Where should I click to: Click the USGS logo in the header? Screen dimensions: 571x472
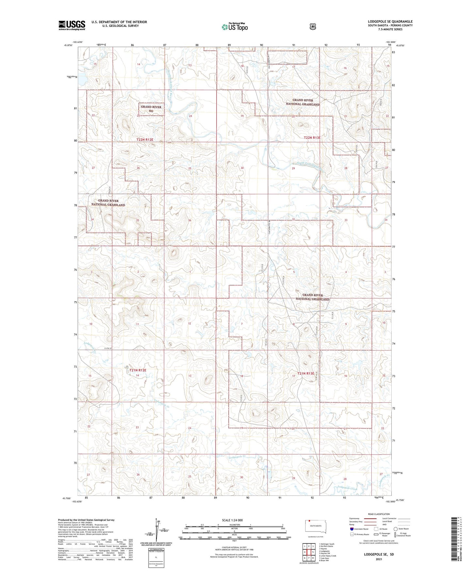coord(72,25)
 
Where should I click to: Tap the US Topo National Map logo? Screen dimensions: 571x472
coord(235,27)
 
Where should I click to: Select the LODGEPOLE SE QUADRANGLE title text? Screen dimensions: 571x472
coord(390,22)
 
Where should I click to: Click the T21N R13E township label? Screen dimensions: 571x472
coord(305,373)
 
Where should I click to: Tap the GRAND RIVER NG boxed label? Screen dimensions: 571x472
coord(151,109)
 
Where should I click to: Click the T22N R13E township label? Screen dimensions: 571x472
coord(312,138)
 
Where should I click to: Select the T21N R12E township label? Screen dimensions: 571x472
coord(138,370)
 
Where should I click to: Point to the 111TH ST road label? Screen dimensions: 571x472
coord(108,348)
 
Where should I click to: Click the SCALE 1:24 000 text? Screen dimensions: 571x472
coord(232,520)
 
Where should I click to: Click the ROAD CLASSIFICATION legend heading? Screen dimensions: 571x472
coord(379,514)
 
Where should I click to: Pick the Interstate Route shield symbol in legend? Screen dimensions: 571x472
coord(351,529)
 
